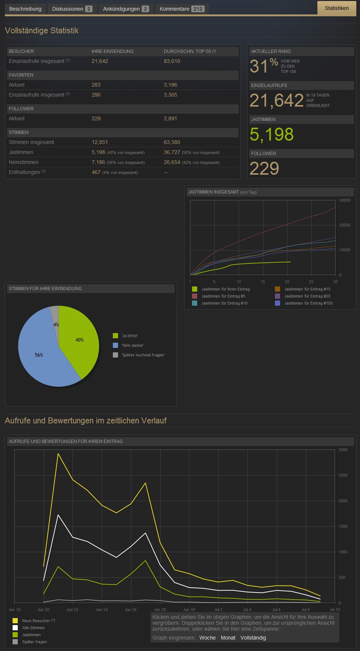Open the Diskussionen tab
point(72,9)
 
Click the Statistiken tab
point(336,8)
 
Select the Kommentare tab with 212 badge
point(182,9)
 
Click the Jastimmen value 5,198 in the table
point(98,152)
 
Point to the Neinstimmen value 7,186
point(98,162)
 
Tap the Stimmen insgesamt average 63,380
point(172,142)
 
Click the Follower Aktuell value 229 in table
point(96,118)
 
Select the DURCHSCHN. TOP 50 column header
point(190,51)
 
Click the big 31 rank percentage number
point(259,66)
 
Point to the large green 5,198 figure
point(272,134)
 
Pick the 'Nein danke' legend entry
point(132,345)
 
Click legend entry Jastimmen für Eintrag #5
point(223,296)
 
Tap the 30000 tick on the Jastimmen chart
point(344,200)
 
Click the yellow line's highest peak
point(58,453)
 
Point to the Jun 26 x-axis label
point(131,610)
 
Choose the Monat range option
point(228,638)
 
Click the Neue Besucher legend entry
point(36,621)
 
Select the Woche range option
point(207,638)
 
